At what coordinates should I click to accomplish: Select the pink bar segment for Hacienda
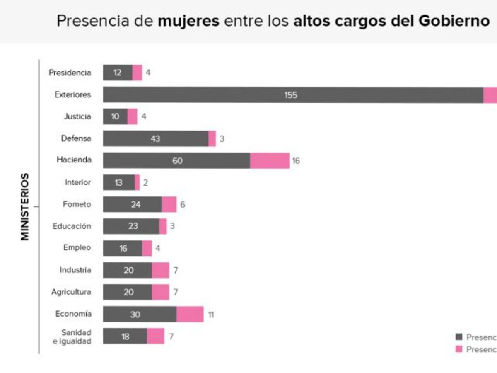270,161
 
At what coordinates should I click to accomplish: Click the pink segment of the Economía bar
190,314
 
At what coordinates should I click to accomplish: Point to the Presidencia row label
70,73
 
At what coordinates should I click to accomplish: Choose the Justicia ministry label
77,117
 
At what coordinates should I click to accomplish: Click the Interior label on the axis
78,182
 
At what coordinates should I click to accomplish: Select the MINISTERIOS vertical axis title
25,206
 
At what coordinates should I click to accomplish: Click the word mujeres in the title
188,21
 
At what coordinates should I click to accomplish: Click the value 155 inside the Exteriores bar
291,95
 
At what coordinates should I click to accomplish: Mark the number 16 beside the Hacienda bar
296,161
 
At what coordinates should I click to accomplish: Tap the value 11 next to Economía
211,315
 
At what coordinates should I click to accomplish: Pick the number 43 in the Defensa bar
155,139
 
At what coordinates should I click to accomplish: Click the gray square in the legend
458,337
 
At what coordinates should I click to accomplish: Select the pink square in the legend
458,349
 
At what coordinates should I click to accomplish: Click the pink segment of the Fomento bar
169,204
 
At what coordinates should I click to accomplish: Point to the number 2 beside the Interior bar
145,182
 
